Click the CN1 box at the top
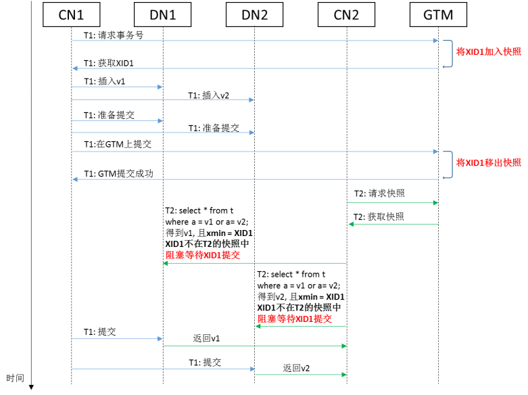tap(71, 14)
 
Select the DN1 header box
tap(162, 14)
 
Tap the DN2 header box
tap(254, 14)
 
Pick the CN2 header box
tap(346, 14)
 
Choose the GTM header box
tap(438, 14)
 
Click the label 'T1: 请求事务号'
tap(114, 34)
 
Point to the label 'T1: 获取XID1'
tap(112, 63)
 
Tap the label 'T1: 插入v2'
tap(208, 95)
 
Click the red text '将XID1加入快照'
tap(489, 51)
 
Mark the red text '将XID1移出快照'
tap(489, 162)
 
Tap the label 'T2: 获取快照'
tap(379, 216)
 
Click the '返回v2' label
tap(297, 368)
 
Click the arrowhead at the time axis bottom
tap(31, 386)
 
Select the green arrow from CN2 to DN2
tap(300, 327)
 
